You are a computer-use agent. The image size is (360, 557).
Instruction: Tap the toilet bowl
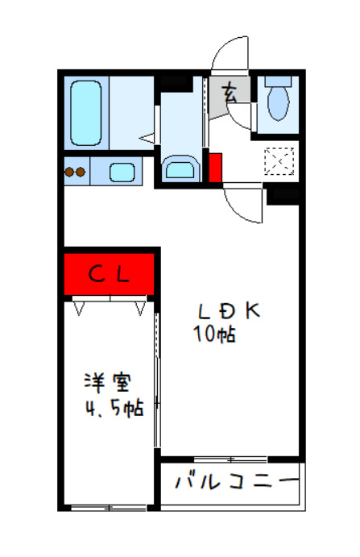tap(279, 101)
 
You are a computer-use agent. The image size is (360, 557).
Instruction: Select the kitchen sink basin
tap(121, 172)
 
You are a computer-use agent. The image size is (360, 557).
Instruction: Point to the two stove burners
tap(76, 172)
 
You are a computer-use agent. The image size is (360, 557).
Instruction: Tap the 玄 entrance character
tap(230, 94)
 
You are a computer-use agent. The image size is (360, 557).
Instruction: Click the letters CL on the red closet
tap(108, 274)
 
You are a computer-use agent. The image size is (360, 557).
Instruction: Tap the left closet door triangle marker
tap(81, 307)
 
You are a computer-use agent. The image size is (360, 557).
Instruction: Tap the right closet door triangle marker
tap(140, 307)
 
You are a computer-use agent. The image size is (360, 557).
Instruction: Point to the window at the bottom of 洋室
tap(103, 508)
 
